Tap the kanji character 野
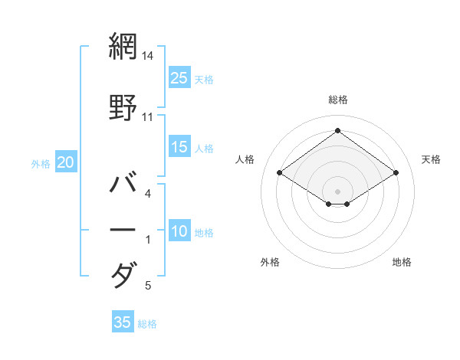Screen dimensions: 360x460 pyautogui.click(x=123, y=107)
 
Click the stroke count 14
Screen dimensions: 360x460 pyautogui.click(x=147, y=56)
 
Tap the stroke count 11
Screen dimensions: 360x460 pyautogui.click(x=147, y=117)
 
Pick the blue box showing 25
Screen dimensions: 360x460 pyautogui.click(x=179, y=77)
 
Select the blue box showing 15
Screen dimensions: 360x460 pyautogui.click(x=179, y=147)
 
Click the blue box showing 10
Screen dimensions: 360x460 pyautogui.click(x=179, y=231)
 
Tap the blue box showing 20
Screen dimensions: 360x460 pyautogui.click(x=66, y=162)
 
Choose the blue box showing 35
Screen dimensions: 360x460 pyautogui.click(x=123, y=322)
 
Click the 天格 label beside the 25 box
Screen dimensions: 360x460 pyautogui.click(x=204, y=79)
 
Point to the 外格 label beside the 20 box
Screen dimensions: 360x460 pyautogui.click(x=41, y=163)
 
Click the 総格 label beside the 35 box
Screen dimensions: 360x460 pyautogui.click(x=147, y=324)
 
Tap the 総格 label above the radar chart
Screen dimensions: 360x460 pyautogui.click(x=337, y=100)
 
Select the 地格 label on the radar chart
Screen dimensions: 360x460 pyautogui.click(x=402, y=262)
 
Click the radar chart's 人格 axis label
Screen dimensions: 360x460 pyautogui.click(x=245, y=159)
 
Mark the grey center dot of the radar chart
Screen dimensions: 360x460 pyautogui.click(x=337, y=190)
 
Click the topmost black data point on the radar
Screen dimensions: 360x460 pyautogui.click(x=337, y=130)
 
